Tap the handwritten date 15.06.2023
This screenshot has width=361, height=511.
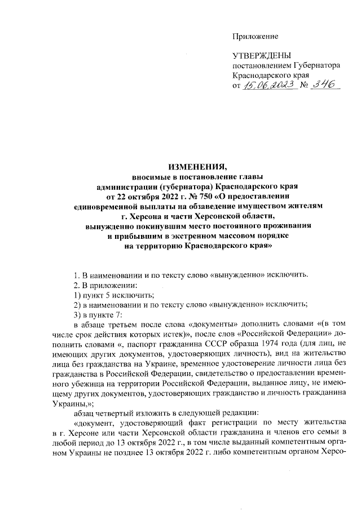click(x=270, y=85)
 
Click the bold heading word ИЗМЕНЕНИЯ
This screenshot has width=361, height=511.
click(x=197, y=166)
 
